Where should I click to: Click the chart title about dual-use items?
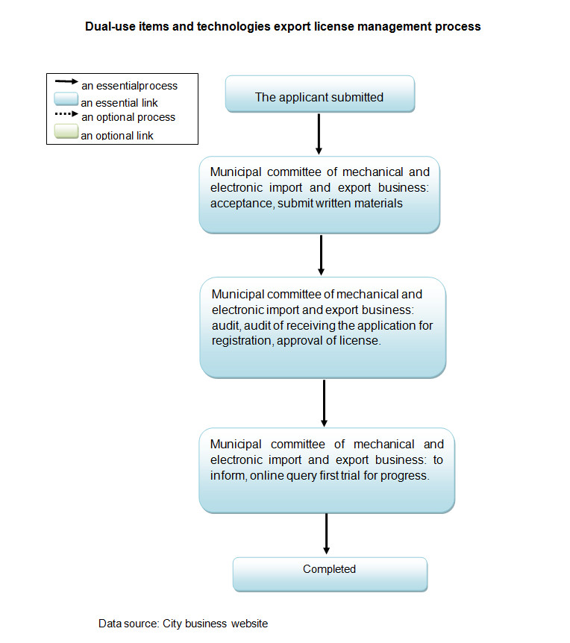[283, 26]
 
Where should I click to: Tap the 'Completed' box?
[330, 574]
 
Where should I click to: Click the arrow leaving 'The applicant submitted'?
[319, 134]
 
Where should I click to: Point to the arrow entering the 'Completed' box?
[327, 533]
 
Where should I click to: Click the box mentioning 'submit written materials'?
[319, 195]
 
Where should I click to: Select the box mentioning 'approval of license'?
[322, 327]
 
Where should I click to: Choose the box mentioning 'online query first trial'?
[326, 470]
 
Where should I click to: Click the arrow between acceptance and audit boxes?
[321, 255]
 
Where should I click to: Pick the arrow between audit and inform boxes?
[324, 402]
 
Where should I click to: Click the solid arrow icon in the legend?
[66, 83]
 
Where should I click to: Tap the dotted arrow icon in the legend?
[66, 115]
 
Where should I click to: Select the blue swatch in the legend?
[66, 101]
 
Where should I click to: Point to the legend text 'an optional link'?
[118, 136]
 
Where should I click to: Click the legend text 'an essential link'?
[119, 103]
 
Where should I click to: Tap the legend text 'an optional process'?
[128, 118]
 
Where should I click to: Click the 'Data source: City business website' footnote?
[183, 624]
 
